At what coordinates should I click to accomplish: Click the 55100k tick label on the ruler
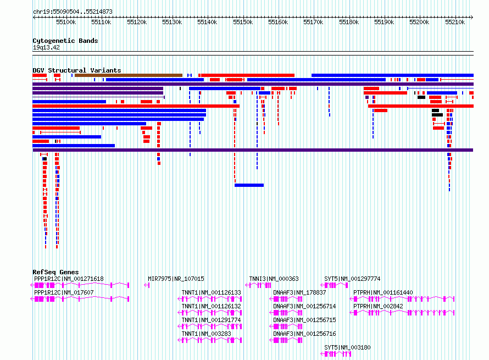point(66,22)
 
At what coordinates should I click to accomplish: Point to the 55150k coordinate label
point(243,22)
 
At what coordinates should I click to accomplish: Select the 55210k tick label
point(455,22)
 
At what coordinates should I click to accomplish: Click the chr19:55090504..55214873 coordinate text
point(73,12)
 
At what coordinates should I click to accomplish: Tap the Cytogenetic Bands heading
point(65,41)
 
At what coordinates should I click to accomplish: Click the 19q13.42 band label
point(46,47)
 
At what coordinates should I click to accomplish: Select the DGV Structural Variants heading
point(77,70)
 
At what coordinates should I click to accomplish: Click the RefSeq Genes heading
point(55,272)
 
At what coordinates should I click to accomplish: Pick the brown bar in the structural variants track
point(129,75)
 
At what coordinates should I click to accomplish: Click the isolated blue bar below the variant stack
point(249,185)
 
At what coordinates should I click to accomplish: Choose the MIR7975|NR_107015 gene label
point(176,279)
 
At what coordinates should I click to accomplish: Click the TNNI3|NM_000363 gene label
point(274,279)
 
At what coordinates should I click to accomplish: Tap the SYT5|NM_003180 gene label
point(347,347)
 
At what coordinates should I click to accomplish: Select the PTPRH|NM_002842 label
point(378,306)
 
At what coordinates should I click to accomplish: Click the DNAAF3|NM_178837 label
point(299,292)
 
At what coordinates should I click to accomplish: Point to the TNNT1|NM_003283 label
point(207,334)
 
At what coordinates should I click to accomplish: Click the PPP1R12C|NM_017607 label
point(64,292)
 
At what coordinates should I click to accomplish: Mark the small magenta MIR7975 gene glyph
point(147,285)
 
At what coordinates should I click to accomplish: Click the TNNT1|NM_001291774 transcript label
point(211,320)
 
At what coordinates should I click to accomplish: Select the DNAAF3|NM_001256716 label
point(304,334)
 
